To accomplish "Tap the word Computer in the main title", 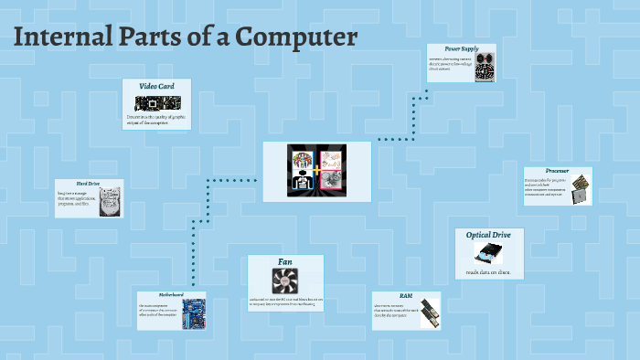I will click(x=296, y=38).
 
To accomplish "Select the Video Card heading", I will click(x=156, y=86).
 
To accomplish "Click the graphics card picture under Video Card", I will click(x=157, y=102).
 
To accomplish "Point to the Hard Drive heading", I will click(x=75, y=184).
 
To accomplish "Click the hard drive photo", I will click(x=109, y=202).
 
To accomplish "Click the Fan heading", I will click(x=284, y=261).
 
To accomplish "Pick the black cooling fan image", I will click(x=284, y=280).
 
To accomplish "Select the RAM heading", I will click(x=406, y=296).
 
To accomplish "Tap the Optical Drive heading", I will click(x=489, y=235).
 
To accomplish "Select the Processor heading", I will click(x=557, y=171).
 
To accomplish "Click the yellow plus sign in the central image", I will click(x=317, y=171).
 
